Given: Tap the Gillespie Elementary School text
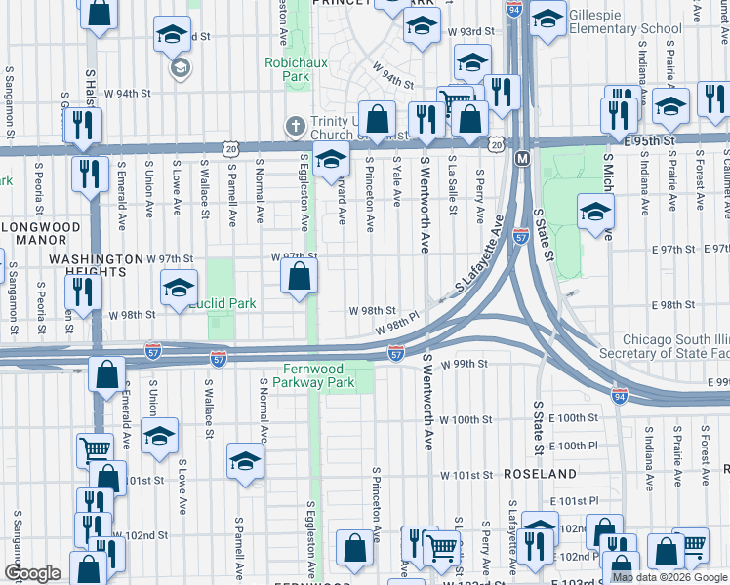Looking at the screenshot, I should click(625, 21).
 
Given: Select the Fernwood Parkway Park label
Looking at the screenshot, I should click(319, 376).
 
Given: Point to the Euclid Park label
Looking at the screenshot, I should click(223, 303).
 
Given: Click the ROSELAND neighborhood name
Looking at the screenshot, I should click(541, 474).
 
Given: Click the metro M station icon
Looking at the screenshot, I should click(523, 158).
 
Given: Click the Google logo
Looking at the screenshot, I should click(33, 573).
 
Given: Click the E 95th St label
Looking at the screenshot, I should click(651, 141).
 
